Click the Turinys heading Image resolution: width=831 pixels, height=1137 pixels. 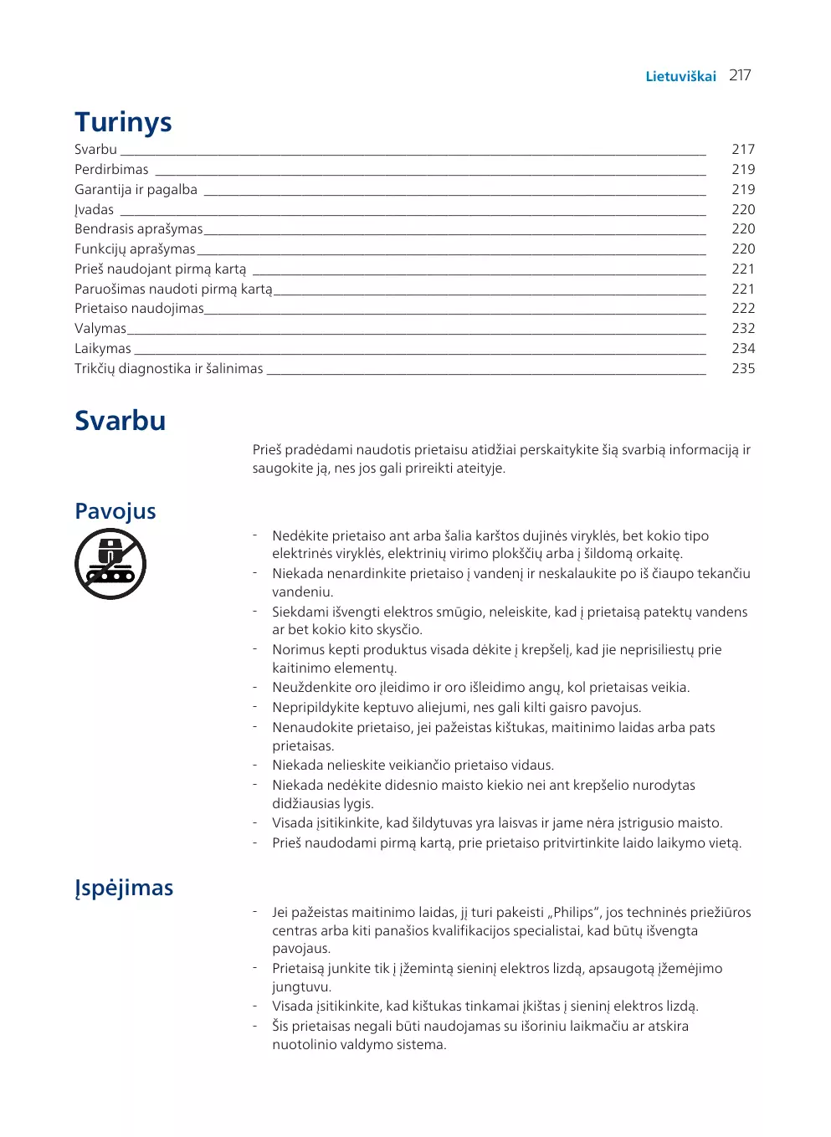pos(123,122)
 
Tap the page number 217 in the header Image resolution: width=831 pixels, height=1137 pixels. pos(740,75)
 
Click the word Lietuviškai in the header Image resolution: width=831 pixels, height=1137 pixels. pos(680,76)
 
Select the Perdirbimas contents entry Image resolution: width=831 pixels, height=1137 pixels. pos(111,169)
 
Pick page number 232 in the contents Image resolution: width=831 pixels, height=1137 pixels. pos(743,328)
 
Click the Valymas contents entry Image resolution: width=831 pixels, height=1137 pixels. pos(100,328)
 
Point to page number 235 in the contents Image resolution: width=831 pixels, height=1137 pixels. pos(743,368)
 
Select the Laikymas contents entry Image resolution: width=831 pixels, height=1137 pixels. pos(103,348)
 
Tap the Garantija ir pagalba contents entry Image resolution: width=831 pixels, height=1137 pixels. pos(136,189)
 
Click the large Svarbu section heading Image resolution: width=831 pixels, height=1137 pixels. pos(120,420)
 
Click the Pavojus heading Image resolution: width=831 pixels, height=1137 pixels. pos(115,511)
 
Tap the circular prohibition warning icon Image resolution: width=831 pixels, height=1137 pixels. pos(110,563)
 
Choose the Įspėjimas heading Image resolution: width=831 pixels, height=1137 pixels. pos(124,888)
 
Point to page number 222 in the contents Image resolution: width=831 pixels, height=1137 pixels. pos(743,308)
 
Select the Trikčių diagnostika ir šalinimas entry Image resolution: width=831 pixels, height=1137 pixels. pos(168,368)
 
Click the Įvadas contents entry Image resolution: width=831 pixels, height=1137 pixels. pos(94,209)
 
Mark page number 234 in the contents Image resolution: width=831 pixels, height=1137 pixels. pos(743,348)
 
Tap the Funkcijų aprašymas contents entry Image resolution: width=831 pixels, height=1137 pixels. pos(135,248)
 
